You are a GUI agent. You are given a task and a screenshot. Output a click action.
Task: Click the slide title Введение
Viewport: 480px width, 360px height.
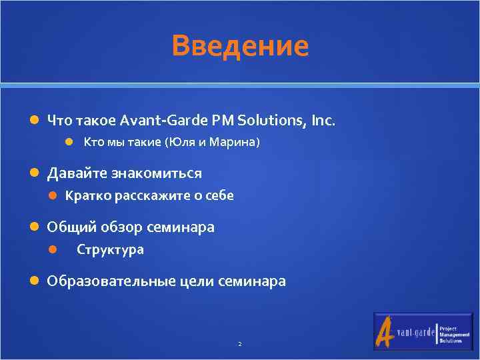[240, 46]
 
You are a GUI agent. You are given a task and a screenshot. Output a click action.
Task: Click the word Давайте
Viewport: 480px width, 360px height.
[73, 173]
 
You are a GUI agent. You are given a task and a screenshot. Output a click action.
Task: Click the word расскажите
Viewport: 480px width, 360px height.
[153, 196]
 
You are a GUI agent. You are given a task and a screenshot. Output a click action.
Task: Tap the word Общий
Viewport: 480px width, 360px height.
[71, 227]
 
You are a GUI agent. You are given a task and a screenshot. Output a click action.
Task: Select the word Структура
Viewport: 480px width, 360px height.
[110, 250]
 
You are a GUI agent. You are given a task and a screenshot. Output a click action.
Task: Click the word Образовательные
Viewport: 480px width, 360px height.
[111, 281]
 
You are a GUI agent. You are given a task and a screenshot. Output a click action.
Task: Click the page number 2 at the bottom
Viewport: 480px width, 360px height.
[239, 344]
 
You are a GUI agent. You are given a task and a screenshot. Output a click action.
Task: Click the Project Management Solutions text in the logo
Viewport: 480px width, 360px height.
[450, 331]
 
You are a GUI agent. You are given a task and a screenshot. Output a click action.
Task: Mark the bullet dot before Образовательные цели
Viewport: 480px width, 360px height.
[35, 281]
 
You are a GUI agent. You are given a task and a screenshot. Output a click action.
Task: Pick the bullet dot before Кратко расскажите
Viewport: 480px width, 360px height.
[53, 196]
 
